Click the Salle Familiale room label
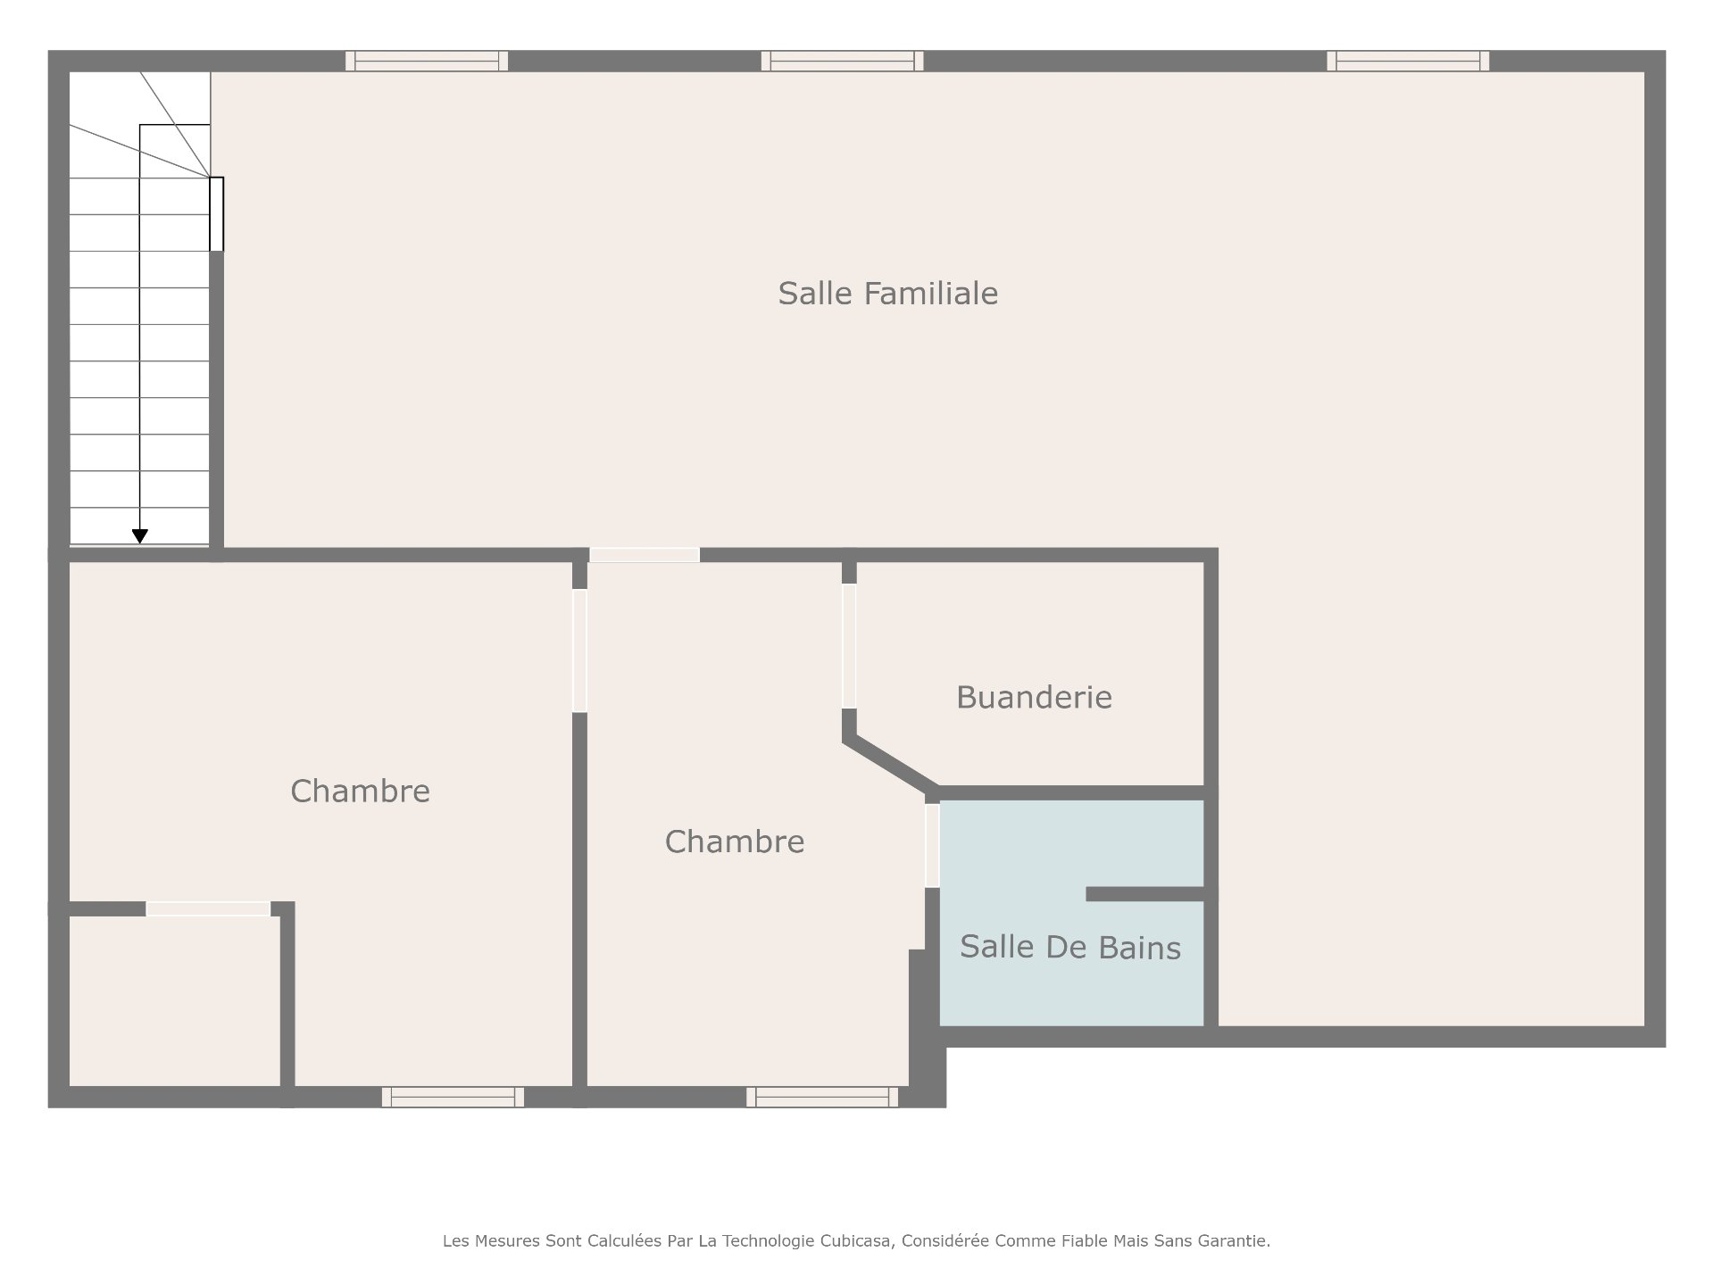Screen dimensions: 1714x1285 coord(887,294)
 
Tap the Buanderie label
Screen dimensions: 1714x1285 coord(1034,697)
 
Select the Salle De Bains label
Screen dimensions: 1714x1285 coord(1070,947)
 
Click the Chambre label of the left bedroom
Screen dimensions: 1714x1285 coord(360,792)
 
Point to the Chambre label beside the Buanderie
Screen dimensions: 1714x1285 coord(735,841)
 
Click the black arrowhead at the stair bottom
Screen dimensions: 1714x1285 coord(140,536)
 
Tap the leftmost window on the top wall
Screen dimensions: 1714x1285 coord(427,61)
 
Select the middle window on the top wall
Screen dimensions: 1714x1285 coord(842,61)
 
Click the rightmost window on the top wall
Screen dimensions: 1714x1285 coord(1408,61)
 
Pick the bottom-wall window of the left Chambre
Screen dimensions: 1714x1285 coord(453,1097)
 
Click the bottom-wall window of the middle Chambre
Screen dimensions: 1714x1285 coord(822,1097)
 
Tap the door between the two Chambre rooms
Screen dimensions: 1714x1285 coord(579,651)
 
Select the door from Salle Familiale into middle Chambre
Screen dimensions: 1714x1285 coord(644,555)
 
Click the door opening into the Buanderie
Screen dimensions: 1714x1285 coord(849,646)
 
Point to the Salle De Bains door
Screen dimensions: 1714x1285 coord(932,846)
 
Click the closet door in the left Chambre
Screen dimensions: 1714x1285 coord(208,908)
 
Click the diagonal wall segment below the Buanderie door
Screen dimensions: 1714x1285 coord(890,765)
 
